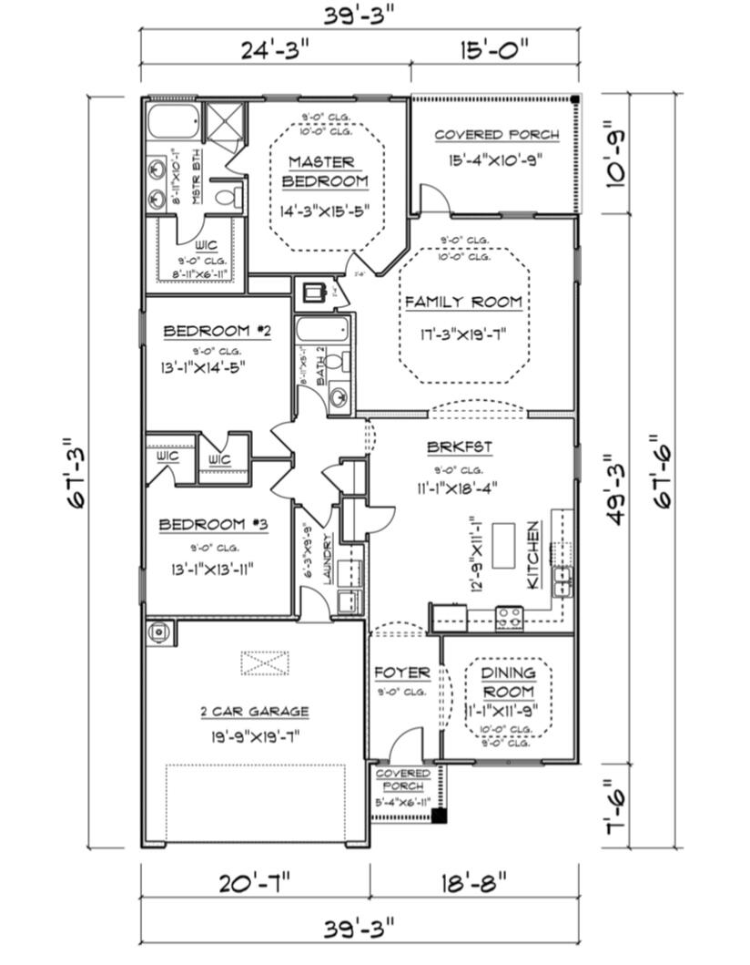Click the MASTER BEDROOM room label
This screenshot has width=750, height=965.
coord(325,171)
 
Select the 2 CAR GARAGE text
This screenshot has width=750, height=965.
coord(254,712)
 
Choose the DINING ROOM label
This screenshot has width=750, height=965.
coord(508,681)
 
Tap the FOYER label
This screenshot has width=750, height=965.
coord(401,672)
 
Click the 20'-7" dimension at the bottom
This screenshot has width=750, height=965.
coord(254,883)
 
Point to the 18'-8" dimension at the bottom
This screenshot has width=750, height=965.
coord(472,883)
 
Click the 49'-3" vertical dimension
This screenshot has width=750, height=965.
coord(614,490)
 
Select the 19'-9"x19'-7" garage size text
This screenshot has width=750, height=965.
coord(254,737)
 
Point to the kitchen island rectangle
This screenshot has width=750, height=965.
coord(503,547)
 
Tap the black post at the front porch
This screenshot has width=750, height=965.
coord(439,816)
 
